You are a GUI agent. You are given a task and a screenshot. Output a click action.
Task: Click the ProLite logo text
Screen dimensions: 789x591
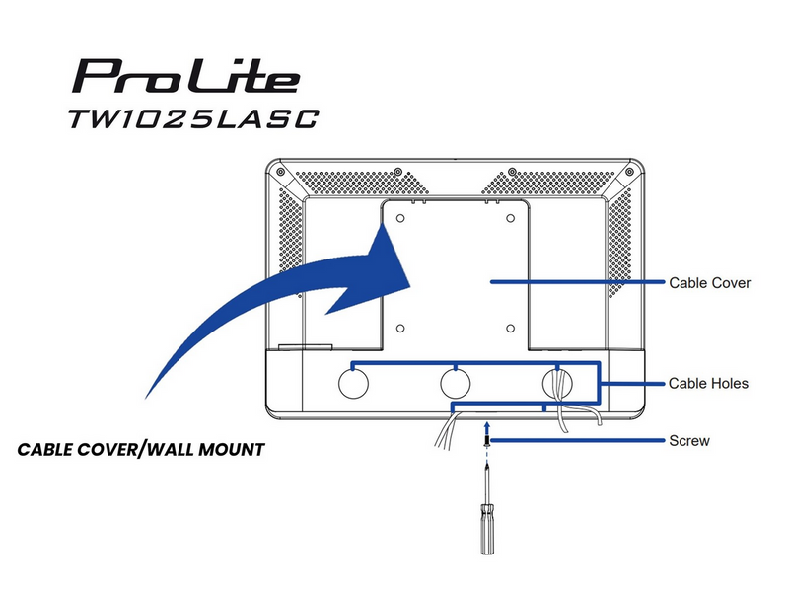[186, 76]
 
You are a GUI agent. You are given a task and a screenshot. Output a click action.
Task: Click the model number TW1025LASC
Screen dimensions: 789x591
[193, 118]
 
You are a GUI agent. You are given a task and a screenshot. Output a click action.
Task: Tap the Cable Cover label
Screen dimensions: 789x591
[709, 283]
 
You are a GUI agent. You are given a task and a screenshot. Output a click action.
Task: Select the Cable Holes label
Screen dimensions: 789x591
[708, 384]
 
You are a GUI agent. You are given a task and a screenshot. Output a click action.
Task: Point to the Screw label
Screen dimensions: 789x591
[689, 441]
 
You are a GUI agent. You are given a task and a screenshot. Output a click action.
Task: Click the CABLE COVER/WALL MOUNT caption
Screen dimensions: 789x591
[141, 449]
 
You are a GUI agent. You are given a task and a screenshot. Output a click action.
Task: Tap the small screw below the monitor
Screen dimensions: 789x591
[486, 441]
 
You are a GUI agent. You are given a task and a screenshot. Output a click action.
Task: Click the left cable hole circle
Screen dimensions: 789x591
[353, 384]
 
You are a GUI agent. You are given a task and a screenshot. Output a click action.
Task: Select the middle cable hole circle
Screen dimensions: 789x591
[456, 384]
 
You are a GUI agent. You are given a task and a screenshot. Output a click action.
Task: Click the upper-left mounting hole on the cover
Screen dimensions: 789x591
[400, 218]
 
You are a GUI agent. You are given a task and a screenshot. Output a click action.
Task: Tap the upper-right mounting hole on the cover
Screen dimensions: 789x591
[510, 218]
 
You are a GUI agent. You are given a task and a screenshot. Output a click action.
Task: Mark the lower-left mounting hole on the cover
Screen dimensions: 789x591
[400, 329]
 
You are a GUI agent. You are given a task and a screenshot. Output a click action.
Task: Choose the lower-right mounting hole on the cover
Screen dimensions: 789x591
[510, 329]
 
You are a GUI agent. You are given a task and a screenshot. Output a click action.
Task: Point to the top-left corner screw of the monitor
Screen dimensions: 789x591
[281, 172]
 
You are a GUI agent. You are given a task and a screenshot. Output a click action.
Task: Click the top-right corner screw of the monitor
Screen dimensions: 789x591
[629, 172]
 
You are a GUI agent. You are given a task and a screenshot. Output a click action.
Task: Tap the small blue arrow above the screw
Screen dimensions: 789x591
[486, 427]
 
